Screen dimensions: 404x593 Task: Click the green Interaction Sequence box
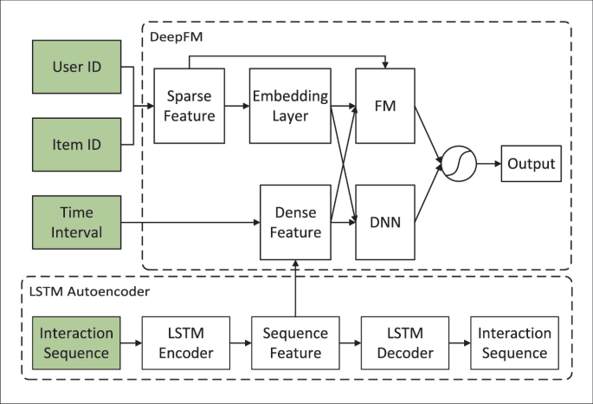click(77, 343)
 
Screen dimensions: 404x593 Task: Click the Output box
click(531, 164)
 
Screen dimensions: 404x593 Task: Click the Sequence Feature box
click(295, 343)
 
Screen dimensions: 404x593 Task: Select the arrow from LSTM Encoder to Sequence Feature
click(241, 343)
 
